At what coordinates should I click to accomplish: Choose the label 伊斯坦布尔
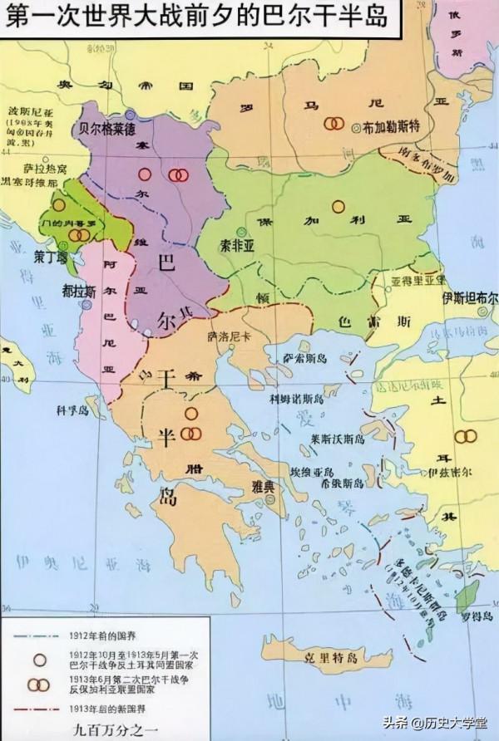(469, 297)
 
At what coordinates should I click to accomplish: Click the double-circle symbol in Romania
(334, 122)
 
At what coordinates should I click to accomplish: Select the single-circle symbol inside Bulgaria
(338, 205)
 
